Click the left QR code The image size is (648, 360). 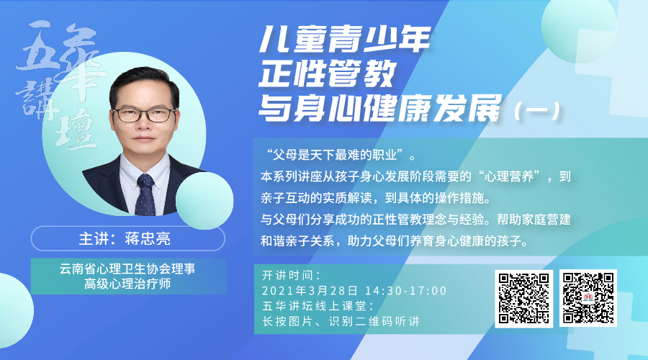pyautogui.click(x=524, y=297)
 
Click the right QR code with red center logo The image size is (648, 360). pyautogui.click(x=590, y=297)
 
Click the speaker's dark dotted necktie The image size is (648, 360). pyautogui.click(x=145, y=193)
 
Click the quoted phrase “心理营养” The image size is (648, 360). pyautogui.click(x=509, y=176)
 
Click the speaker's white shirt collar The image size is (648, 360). pyautogui.click(x=145, y=171)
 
